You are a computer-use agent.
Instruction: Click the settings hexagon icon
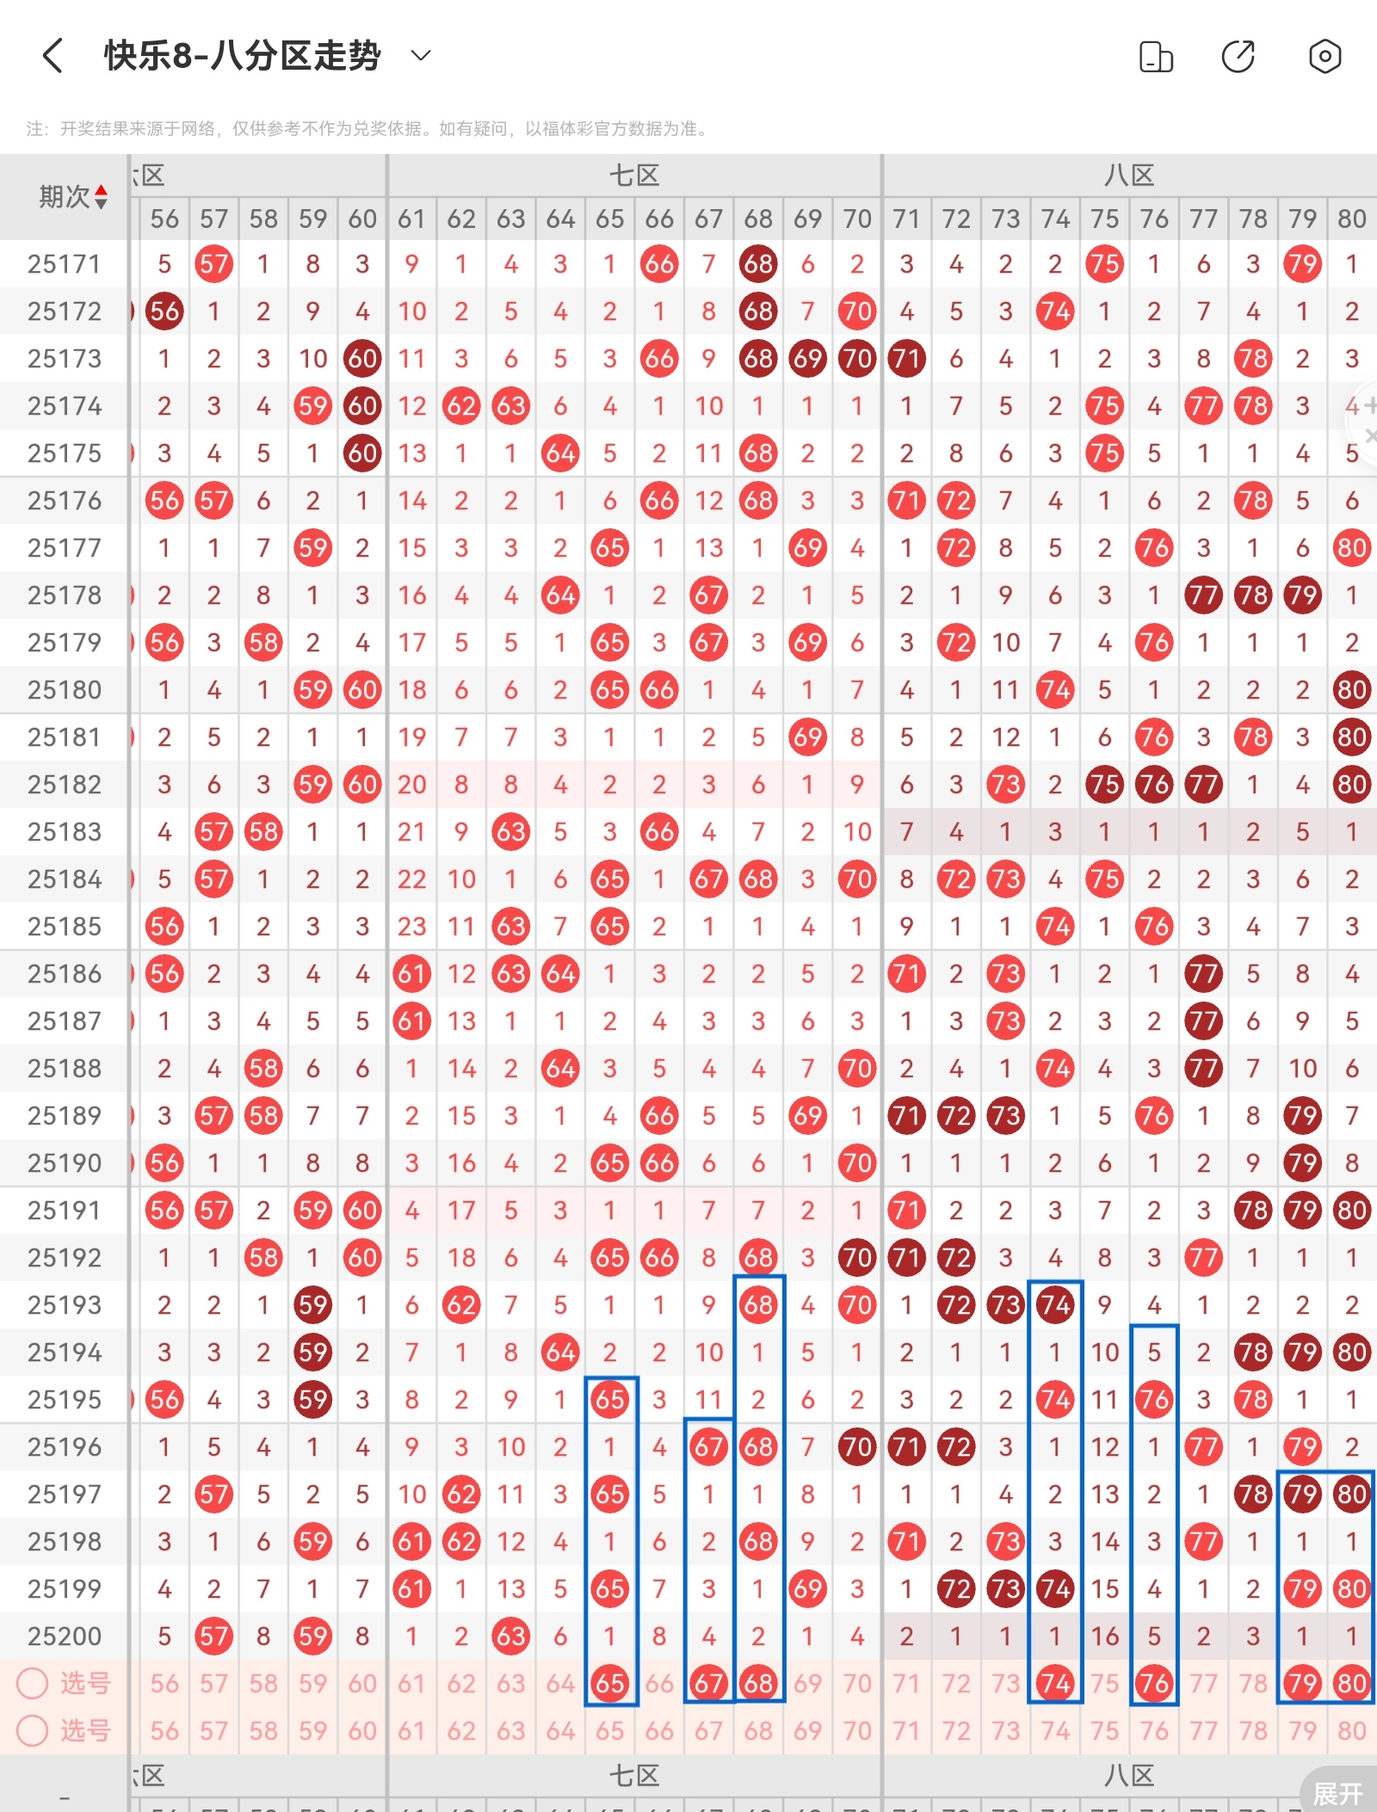(1325, 57)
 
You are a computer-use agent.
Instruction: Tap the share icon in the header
(1238, 57)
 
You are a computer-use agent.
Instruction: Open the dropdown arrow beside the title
(421, 57)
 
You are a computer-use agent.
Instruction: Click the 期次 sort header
(72, 197)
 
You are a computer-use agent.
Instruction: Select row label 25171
(64, 264)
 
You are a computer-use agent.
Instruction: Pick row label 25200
(64, 1636)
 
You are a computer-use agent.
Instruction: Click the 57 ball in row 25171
(213, 264)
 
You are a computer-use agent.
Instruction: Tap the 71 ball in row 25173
(906, 359)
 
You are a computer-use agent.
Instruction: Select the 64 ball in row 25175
(560, 453)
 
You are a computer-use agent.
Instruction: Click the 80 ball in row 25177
(1351, 548)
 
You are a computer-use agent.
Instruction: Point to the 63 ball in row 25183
(510, 832)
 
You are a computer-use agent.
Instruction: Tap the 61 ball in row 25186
(411, 974)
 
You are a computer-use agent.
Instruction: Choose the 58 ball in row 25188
(263, 1069)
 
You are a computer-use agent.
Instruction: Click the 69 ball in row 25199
(807, 1589)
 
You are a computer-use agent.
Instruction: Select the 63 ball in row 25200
(510, 1636)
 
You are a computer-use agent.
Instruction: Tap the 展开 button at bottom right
(1337, 1793)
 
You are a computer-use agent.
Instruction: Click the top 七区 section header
(634, 176)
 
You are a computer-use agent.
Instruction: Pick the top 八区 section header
(1129, 176)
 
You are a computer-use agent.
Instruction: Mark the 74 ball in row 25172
(1055, 311)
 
